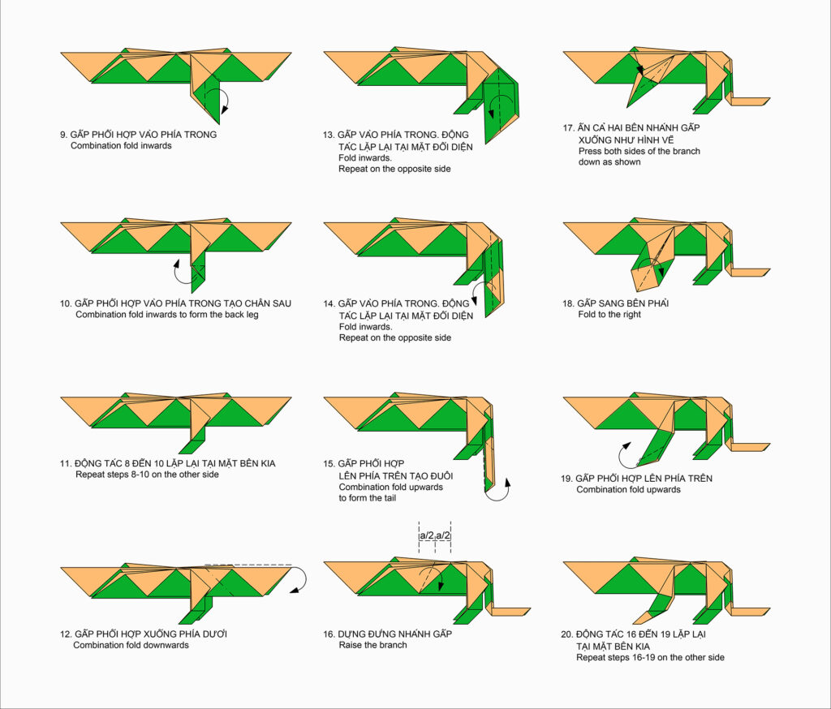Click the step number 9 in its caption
click(x=63, y=135)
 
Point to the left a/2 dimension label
click(x=427, y=535)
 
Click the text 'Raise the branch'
click(x=373, y=645)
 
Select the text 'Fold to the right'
click(x=609, y=314)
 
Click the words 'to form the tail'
click(x=368, y=497)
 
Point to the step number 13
click(x=329, y=135)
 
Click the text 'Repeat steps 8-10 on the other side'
click(x=147, y=475)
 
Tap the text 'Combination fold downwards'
click(x=131, y=645)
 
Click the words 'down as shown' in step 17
click(x=609, y=161)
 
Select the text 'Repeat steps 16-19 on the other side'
click(x=650, y=657)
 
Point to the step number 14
click(x=329, y=303)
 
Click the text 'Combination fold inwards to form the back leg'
click(x=167, y=314)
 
